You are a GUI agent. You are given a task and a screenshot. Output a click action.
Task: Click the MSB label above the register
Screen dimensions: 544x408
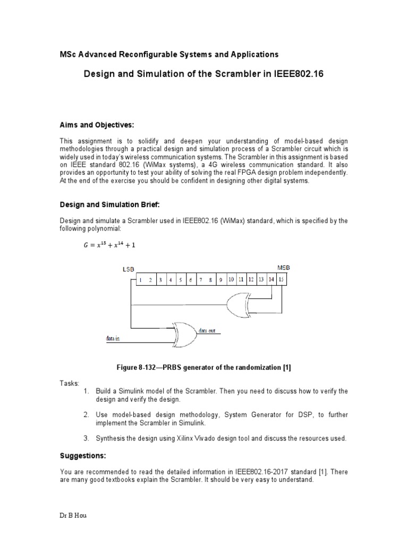pyautogui.click(x=284, y=267)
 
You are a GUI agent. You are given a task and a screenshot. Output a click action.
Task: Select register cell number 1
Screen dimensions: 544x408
pyautogui.click(x=141, y=279)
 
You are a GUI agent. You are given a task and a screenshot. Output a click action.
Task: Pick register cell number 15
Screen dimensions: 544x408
pyautogui.click(x=282, y=279)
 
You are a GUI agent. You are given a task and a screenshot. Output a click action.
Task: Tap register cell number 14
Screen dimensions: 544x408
pyautogui.click(x=271, y=279)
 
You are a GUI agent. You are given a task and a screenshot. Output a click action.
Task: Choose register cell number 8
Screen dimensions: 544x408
pyautogui.click(x=211, y=279)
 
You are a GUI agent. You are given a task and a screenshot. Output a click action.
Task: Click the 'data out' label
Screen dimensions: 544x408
pyautogui.click(x=208, y=330)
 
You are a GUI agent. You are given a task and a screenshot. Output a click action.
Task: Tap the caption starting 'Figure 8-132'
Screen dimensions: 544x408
pyautogui.click(x=204, y=368)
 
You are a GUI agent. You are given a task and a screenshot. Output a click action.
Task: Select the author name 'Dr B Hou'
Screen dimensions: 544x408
pyautogui.click(x=72, y=531)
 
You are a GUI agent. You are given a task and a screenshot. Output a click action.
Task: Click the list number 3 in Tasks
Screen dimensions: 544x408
pyautogui.click(x=86, y=438)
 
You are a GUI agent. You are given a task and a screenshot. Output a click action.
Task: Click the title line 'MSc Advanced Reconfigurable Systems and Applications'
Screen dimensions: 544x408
pyautogui.click(x=168, y=54)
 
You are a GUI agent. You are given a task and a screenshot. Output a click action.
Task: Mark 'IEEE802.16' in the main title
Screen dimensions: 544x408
pyautogui.click(x=299, y=74)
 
